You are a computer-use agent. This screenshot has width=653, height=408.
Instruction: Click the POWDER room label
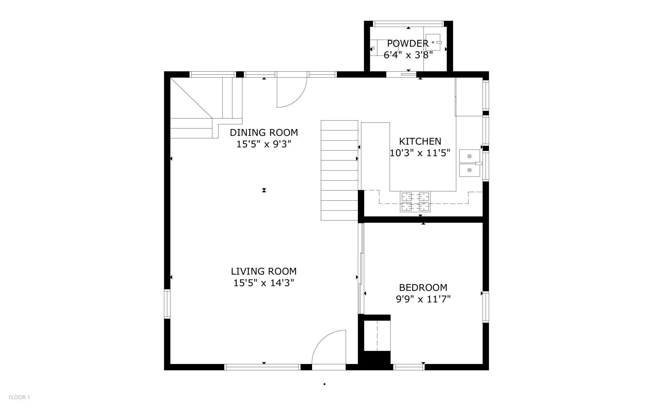click(408, 43)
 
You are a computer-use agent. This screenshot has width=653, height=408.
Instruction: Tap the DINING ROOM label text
click(264, 133)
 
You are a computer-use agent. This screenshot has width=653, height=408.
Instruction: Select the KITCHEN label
click(420, 141)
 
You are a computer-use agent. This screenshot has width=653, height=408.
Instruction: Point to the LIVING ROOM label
click(264, 271)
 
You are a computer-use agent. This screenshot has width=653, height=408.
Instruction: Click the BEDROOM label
click(423, 287)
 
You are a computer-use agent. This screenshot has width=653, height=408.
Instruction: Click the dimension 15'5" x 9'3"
click(264, 144)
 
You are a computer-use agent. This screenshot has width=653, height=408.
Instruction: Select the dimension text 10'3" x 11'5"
click(420, 153)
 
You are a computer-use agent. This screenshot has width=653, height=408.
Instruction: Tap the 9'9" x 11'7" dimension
click(423, 299)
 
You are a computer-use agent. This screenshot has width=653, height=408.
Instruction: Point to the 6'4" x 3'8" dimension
click(408, 55)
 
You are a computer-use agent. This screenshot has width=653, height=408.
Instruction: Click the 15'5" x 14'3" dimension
click(264, 283)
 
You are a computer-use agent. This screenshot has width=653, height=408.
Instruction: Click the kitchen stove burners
click(415, 202)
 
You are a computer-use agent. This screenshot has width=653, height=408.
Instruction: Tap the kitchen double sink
click(470, 163)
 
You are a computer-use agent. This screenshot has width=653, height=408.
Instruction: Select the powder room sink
click(433, 42)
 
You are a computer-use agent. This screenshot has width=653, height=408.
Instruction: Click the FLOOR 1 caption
click(19, 397)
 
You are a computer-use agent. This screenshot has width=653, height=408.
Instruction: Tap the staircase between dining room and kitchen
click(339, 170)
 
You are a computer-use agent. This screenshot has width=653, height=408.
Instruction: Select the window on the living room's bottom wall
click(263, 367)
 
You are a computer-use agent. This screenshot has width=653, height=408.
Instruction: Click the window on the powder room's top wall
click(408, 24)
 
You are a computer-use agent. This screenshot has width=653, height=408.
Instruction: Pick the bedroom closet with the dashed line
click(377, 335)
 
